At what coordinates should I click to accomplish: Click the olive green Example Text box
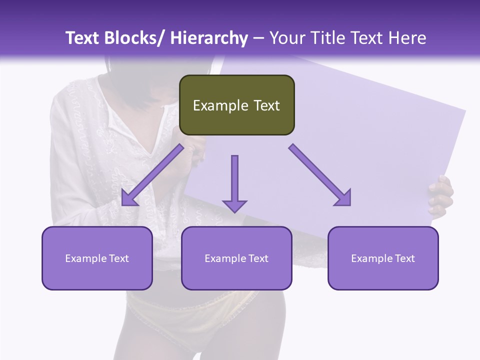(x=236, y=105)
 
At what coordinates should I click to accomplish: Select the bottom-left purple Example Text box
(x=97, y=258)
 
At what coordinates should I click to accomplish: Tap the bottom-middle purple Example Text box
(x=236, y=258)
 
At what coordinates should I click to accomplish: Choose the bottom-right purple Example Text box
(x=383, y=258)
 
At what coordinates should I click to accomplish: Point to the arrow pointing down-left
(x=152, y=175)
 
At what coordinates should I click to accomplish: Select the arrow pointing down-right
(x=320, y=175)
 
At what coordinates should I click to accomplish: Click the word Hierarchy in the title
(x=209, y=38)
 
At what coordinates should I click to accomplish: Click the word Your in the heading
(x=285, y=38)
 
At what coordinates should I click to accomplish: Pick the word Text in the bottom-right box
(x=404, y=258)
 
